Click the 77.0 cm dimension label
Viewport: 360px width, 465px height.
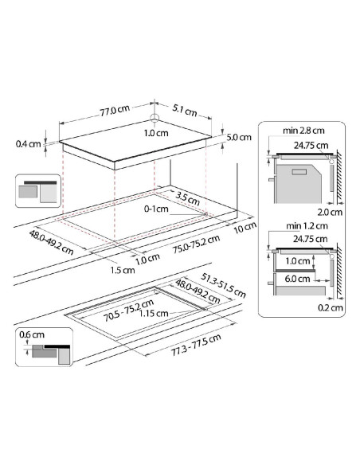pyautogui.click(x=115, y=110)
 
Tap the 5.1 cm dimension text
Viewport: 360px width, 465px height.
pyautogui.click(x=185, y=111)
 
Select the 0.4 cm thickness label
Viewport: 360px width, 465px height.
pyautogui.click(x=28, y=144)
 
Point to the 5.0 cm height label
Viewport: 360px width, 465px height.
pyautogui.click(x=239, y=137)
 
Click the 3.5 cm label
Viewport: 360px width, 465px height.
pyautogui.click(x=187, y=198)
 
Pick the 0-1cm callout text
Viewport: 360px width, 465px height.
pyautogui.click(x=156, y=209)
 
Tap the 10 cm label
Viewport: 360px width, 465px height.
pyautogui.click(x=245, y=228)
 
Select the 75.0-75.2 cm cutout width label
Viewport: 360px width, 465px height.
pyautogui.click(x=196, y=244)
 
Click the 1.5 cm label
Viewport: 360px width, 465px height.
pyautogui.click(x=123, y=270)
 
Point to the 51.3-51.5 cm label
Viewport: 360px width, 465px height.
pyautogui.click(x=223, y=285)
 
